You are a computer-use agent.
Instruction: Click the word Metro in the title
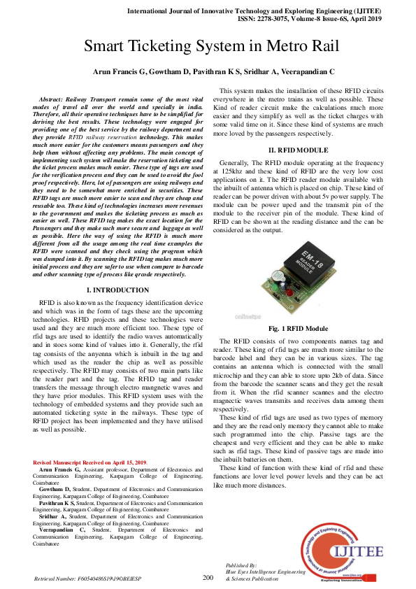coord(277,48)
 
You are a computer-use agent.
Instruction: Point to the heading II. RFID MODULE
coord(298,151)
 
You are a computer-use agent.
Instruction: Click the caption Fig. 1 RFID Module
coord(298,328)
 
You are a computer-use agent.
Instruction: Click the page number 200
coord(208,577)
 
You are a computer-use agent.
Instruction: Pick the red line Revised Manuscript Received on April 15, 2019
coord(91,462)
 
